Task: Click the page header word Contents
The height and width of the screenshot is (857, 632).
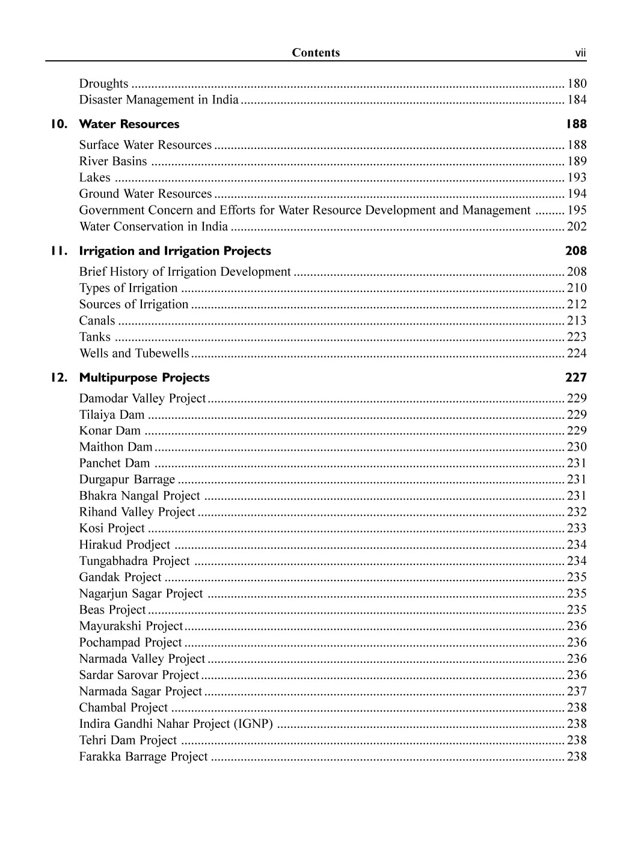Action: [x=316, y=53]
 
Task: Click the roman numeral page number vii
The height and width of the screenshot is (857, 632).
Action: [x=580, y=53]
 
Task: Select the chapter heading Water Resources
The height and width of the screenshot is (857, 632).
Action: [x=129, y=124]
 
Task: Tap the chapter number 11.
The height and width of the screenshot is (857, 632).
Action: [x=58, y=251]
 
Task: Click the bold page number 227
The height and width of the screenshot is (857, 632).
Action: [x=575, y=378]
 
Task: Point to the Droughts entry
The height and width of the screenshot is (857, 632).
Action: [x=103, y=84]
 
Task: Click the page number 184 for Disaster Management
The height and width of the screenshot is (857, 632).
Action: [x=577, y=100]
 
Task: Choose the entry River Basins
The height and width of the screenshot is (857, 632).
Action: [x=113, y=162]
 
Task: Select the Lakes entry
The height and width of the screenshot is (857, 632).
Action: [x=94, y=178]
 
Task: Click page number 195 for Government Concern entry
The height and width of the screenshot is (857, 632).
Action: [x=577, y=210]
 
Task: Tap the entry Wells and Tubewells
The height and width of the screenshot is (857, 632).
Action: [x=134, y=353]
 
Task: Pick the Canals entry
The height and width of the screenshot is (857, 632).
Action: [x=97, y=321]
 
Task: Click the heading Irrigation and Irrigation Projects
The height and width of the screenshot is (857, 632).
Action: [x=175, y=251]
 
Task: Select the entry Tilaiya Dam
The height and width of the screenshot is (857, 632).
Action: [x=112, y=415]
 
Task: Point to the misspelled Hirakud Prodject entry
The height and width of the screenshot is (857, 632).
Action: [x=124, y=545]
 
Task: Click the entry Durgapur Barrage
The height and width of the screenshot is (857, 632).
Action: [x=127, y=480]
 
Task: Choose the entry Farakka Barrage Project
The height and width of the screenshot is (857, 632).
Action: [x=143, y=757]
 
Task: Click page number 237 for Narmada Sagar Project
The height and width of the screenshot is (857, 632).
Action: [x=577, y=692]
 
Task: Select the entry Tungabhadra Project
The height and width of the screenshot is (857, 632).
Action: [x=134, y=561]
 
